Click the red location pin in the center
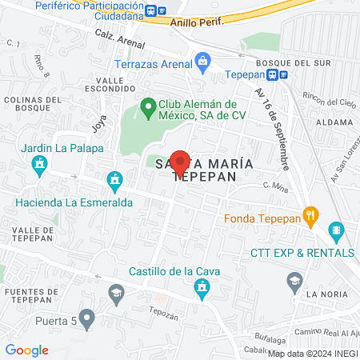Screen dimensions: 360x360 coord(180,163)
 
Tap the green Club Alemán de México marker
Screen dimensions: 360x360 coord(148,106)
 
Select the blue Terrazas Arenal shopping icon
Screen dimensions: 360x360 coord(203,61)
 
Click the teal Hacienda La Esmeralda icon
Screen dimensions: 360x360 coord(115,181)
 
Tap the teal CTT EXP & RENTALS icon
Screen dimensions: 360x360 coord(337,233)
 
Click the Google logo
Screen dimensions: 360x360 coord(27,350)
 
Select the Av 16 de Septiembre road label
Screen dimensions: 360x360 coord(272,128)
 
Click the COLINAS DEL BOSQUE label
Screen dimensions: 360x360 coord(32,104)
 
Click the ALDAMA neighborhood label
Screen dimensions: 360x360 coord(334,122)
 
